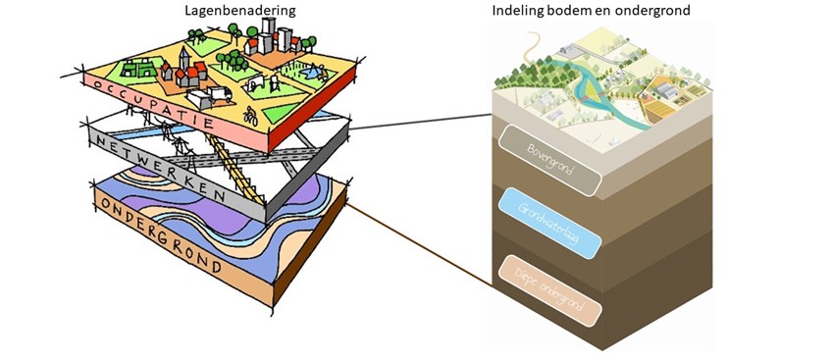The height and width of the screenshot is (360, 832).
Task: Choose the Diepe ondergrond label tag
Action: tap(549, 287)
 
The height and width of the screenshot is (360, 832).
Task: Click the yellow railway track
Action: tap(235, 167)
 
